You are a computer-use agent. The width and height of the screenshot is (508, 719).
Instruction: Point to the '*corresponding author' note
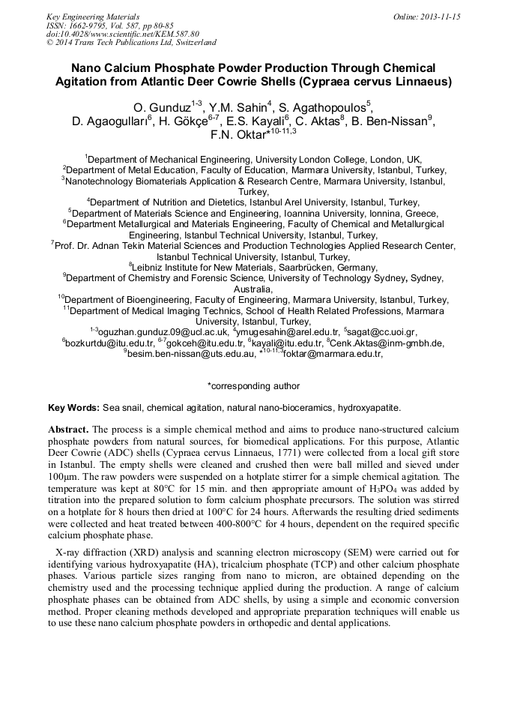[x=253, y=386]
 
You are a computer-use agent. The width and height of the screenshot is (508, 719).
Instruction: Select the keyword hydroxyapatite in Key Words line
[x=369, y=408]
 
